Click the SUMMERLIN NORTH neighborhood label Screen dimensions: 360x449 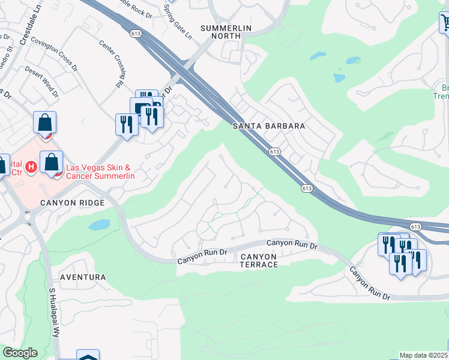tap(220, 32)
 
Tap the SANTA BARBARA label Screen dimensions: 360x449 tap(270, 126)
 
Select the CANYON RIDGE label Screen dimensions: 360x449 tap(72, 203)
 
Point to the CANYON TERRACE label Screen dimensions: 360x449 tap(259, 260)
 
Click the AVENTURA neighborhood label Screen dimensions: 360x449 tap(83, 277)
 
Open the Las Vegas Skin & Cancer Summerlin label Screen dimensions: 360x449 tap(101, 172)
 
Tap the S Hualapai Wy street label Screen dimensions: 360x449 tap(54, 313)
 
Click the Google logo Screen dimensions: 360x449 tap(20, 353)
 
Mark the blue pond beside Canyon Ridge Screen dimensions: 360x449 tap(99, 225)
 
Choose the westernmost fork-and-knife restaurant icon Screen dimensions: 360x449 tap(125, 124)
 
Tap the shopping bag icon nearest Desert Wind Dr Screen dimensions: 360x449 tap(45, 123)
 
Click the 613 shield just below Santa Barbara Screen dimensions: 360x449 tap(274, 152)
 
